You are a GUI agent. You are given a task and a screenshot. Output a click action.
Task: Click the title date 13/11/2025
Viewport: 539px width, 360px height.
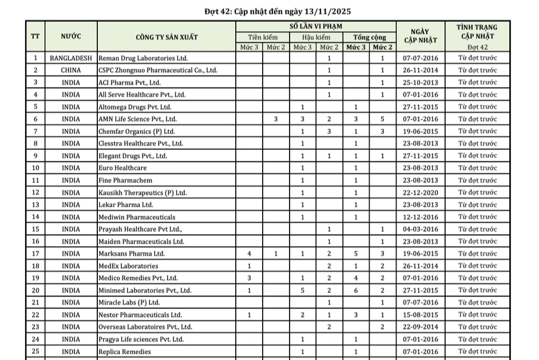(324, 11)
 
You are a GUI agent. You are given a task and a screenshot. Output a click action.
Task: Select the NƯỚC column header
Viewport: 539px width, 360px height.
(71, 37)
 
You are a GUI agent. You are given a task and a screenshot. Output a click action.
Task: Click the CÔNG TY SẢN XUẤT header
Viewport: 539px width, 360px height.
(167, 37)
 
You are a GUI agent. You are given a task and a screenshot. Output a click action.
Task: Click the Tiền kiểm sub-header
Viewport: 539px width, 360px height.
(263, 37)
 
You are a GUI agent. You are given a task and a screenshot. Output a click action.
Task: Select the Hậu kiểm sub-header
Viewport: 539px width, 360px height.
(316, 37)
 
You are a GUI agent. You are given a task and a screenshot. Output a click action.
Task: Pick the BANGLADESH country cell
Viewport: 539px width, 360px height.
(71, 58)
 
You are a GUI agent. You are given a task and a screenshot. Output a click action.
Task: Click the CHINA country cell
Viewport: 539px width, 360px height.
(71, 70)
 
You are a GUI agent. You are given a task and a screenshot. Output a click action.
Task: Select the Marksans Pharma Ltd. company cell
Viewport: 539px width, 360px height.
(132, 254)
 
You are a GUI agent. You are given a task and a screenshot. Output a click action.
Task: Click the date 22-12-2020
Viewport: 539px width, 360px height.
(421, 192)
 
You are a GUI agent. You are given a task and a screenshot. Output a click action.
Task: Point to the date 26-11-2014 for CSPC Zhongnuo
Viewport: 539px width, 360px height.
(421, 70)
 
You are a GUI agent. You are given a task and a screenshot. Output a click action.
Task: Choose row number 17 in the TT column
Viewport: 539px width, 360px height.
(35, 254)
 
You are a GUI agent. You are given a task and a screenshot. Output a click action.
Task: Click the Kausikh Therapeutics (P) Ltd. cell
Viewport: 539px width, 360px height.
(142, 192)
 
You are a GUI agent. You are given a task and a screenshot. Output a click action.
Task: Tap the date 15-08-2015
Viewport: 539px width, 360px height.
(421, 315)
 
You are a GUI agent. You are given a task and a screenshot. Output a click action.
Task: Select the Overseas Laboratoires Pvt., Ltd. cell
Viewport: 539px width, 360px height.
(145, 327)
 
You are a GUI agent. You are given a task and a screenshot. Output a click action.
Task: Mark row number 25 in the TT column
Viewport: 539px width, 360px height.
(35, 351)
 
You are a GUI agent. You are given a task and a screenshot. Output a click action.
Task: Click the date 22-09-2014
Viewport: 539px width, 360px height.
(421, 327)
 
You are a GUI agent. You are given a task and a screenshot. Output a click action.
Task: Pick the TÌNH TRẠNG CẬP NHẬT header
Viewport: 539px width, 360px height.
(477, 31)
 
